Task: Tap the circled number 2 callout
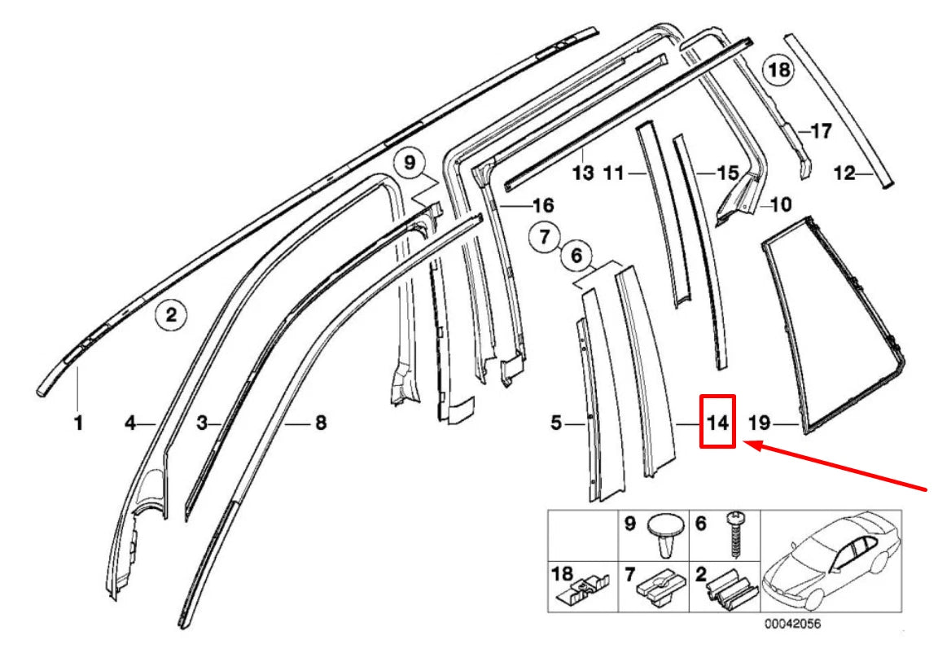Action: tap(171, 314)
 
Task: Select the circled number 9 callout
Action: tap(409, 161)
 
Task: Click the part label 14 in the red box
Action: tap(717, 423)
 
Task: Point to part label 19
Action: tap(760, 423)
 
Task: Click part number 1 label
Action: tap(78, 423)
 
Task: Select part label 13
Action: tap(583, 173)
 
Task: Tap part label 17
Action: tap(822, 130)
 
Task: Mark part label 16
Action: tap(542, 204)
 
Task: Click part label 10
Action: tap(779, 204)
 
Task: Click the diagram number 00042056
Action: tap(791, 625)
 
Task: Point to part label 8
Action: tap(320, 423)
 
